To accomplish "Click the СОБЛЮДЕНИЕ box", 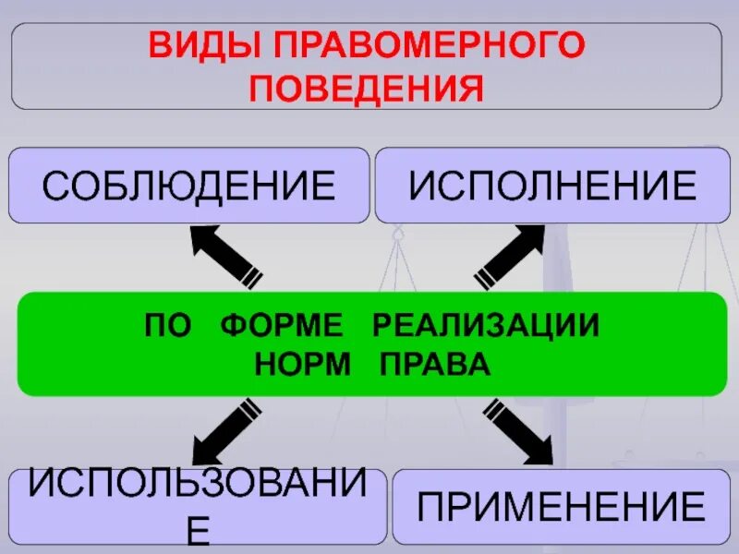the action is pyautogui.click(x=188, y=186).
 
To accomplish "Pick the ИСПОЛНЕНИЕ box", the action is pyautogui.click(x=551, y=186).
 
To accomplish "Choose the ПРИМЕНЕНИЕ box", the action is pyautogui.click(x=561, y=507).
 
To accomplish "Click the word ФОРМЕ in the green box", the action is pyautogui.click(x=282, y=326).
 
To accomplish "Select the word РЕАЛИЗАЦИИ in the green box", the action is pyautogui.click(x=486, y=326).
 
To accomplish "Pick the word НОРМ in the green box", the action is pyautogui.click(x=303, y=364).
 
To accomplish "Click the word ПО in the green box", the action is pyautogui.click(x=165, y=326).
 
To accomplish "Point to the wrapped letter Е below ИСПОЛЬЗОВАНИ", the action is pyautogui.click(x=197, y=533).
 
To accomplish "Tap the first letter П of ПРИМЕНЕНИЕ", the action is pyautogui.click(x=431, y=507).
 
